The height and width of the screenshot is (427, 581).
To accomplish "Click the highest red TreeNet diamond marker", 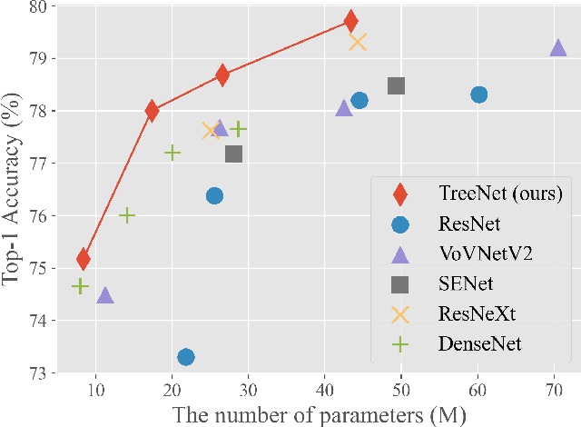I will tap(350, 21).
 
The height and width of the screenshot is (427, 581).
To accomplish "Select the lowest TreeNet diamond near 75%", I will tap(84, 259).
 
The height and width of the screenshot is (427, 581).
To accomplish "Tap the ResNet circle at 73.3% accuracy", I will tap(185, 357).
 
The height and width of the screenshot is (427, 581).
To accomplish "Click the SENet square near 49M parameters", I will tap(396, 86).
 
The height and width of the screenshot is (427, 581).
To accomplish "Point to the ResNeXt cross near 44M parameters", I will tap(358, 41).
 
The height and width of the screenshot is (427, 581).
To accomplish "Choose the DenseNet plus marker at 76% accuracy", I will tap(127, 215).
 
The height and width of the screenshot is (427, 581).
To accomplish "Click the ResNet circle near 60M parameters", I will tap(478, 94).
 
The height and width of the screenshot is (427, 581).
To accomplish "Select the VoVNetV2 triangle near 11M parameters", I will tap(104, 295).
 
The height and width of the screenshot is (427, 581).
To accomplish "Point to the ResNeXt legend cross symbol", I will tap(399, 313).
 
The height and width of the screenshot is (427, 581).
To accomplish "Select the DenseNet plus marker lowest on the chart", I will tap(80, 286).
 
